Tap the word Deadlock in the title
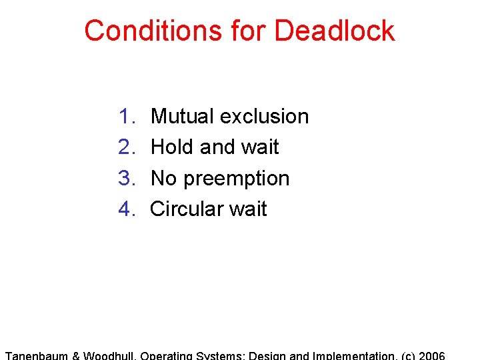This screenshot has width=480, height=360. [335, 31]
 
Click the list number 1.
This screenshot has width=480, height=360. [126, 117]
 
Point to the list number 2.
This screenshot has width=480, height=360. [126, 147]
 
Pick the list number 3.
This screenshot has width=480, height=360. [126, 179]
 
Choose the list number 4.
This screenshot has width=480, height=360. [126, 209]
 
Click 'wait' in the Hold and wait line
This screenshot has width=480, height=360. [259, 147]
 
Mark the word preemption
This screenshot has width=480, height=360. [237, 179]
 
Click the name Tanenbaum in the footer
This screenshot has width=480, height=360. [37, 355]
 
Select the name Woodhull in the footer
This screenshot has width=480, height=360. [109, 355]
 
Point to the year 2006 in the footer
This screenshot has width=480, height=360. [431, 355]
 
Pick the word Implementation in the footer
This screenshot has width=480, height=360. [352, 355]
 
